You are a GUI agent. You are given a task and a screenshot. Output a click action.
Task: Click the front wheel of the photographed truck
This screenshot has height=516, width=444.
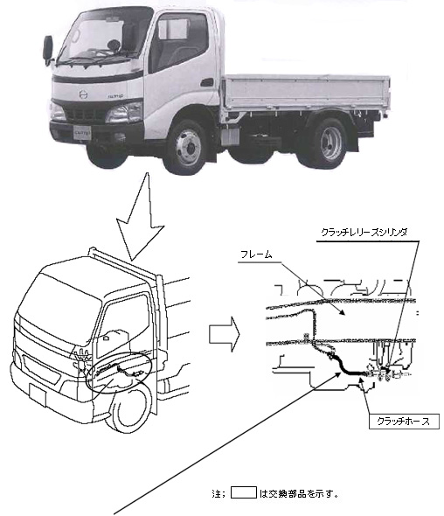tap(188, 147)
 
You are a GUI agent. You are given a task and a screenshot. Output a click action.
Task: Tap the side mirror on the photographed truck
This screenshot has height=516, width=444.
tap(48, 49)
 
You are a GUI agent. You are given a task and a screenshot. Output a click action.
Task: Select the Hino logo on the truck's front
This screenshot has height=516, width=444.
tap(84, 94)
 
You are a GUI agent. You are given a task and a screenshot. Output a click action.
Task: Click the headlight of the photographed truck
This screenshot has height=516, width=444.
tap(124, 112)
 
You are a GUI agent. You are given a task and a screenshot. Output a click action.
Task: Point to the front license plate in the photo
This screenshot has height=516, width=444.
tap(82, 133)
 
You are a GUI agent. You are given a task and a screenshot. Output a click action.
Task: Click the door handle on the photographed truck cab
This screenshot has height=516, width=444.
tap(207, 82)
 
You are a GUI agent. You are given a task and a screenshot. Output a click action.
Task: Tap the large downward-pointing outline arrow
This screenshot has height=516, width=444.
tap(141, 217)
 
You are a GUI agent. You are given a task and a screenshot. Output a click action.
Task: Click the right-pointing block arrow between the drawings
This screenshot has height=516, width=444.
tap(225, 334)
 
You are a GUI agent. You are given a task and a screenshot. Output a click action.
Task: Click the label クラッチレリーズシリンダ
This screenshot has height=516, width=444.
tap(364, 233)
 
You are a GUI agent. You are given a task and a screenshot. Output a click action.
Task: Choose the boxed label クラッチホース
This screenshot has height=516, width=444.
tap(404, 422)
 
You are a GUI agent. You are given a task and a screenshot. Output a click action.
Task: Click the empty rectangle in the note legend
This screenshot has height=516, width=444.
tap(244, 492)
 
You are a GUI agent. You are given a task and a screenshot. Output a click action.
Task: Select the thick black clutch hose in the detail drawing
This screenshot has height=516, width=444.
tap(348, 366)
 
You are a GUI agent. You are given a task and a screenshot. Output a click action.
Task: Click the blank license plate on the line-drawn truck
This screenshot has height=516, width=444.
tap(38, 396)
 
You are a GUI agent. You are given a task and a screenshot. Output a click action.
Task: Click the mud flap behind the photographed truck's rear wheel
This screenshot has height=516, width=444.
tap(352, 138)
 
